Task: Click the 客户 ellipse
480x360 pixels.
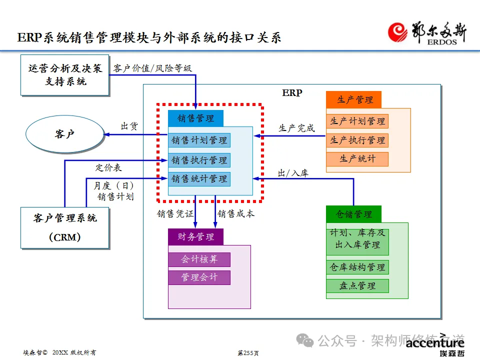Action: (64, 134)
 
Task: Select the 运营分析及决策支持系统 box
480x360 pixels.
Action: (64, 75)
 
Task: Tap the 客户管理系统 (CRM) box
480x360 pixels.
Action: (64, 227)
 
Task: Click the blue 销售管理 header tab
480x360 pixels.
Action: (195, 118)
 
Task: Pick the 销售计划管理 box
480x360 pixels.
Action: (199, 140)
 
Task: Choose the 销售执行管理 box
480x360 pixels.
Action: (199, 160)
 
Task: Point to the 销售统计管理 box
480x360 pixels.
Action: (199, 178)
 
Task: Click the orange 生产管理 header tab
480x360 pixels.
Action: (353, 99)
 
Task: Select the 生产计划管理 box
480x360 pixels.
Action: (357, 121)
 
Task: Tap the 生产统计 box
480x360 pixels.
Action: (357, 159)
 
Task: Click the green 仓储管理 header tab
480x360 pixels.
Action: (353, 214)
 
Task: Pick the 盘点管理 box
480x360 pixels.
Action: (357, 286)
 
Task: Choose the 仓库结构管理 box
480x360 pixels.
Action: (357, 267)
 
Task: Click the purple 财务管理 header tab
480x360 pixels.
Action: (195, 237)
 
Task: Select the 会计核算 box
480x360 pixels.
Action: (199, 259)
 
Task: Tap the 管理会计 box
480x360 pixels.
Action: (199, 277)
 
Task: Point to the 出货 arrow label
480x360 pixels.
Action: (129, 126)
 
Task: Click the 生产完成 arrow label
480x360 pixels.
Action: (296, 128)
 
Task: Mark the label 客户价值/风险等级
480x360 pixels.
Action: (152, 68)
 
